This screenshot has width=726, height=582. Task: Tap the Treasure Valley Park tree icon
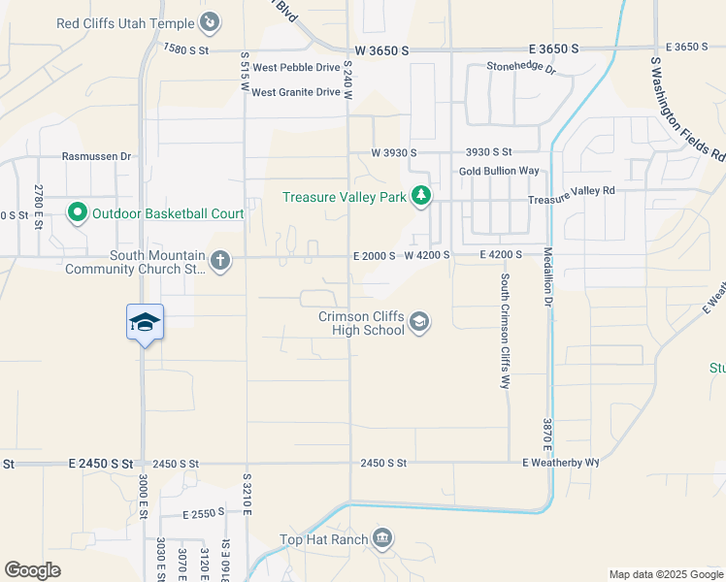pyautogui.click(x=421, y=197)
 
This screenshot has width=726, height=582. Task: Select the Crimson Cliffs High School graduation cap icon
pyautogui.click(x=418, y=322)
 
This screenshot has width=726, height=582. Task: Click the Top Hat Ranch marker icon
pyautogui.click(x=382, y=539)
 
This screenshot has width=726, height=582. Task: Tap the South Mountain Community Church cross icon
pyautogui.click(x=220, y=260)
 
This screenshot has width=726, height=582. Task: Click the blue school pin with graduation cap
pyautogui.click(x=145, y=322)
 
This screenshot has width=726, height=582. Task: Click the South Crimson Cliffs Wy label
pyautogui.click(x=505, y=331)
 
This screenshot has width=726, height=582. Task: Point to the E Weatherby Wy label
pyautogui.click(x=561, y=464)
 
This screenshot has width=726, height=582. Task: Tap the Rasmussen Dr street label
pyautogui.click(x=96, y=155)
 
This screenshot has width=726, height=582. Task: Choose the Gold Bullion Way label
pyautogui.click(x=499, y=171)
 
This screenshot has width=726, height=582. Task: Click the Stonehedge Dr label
pyautogui.click(x=521, y=69)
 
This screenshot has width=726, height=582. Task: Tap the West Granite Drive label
pyautogui.click(x=296, y=92)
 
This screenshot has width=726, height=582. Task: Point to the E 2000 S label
pyautogui.click(x=374, y=255)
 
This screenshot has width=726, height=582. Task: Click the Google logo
pyautogui.click(x=32, y=570)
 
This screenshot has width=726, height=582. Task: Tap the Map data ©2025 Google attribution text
pyautogui.click(x=665, y=574)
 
